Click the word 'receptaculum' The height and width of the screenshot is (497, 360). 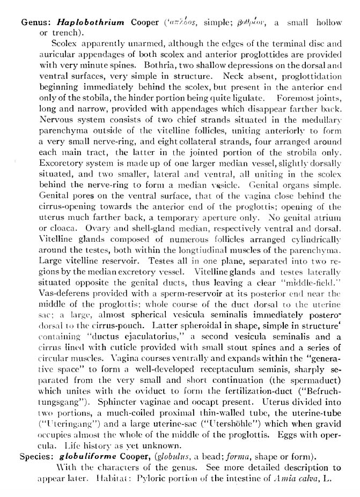(209, 369)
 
